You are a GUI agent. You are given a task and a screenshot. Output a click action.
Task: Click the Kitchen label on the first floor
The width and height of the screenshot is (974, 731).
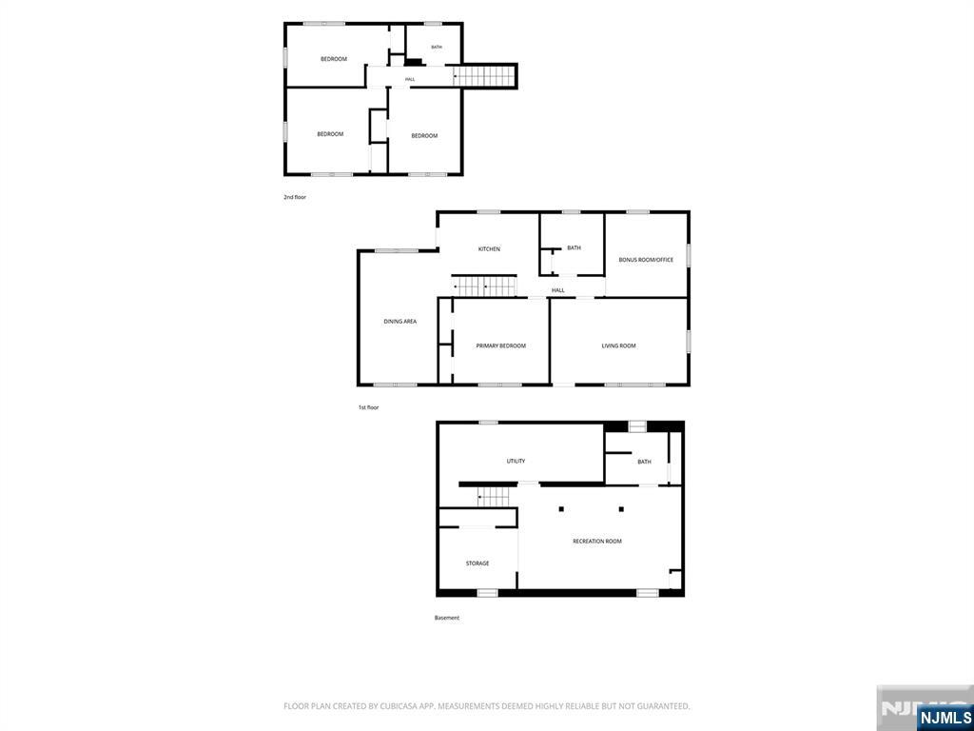[489, 249]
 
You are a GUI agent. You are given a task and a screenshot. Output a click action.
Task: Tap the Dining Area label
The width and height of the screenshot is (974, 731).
[399, 322]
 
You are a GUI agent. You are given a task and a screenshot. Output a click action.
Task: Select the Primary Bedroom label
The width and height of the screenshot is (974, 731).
[500, 346]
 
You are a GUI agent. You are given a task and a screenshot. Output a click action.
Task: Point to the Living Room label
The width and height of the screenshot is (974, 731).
[618, 346]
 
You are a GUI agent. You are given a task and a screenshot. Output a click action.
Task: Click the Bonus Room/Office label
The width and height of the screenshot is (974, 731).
[646, 260]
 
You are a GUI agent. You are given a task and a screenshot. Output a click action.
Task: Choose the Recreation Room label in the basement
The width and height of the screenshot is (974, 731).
[597, 542]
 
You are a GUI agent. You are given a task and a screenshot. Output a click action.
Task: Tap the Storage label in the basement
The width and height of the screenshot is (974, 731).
[477, 563]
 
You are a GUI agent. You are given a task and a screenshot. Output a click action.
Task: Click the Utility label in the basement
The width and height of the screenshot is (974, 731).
[516, 462]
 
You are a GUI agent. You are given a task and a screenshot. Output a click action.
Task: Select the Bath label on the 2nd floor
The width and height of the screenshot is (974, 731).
[437, 48]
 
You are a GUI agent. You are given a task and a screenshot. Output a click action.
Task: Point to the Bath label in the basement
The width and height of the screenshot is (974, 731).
[644, 462]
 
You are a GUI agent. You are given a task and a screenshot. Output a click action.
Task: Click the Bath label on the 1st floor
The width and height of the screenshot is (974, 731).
[574, 248]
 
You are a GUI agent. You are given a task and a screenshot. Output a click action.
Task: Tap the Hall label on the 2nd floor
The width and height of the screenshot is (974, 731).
[410, 80]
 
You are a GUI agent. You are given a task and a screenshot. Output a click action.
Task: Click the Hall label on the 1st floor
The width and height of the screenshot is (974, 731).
[558, 290]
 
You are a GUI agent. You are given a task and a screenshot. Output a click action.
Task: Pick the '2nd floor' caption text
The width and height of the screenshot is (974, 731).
[295, 197]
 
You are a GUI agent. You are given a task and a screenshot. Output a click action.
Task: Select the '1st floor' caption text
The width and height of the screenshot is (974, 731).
[368, 407]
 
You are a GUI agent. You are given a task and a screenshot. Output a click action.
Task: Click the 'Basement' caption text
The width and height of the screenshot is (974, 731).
[447, 618]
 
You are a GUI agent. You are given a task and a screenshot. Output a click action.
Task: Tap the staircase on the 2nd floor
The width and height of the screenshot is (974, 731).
[484, 76]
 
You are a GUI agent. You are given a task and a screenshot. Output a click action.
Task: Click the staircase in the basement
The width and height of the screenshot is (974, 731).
[494, 497]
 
